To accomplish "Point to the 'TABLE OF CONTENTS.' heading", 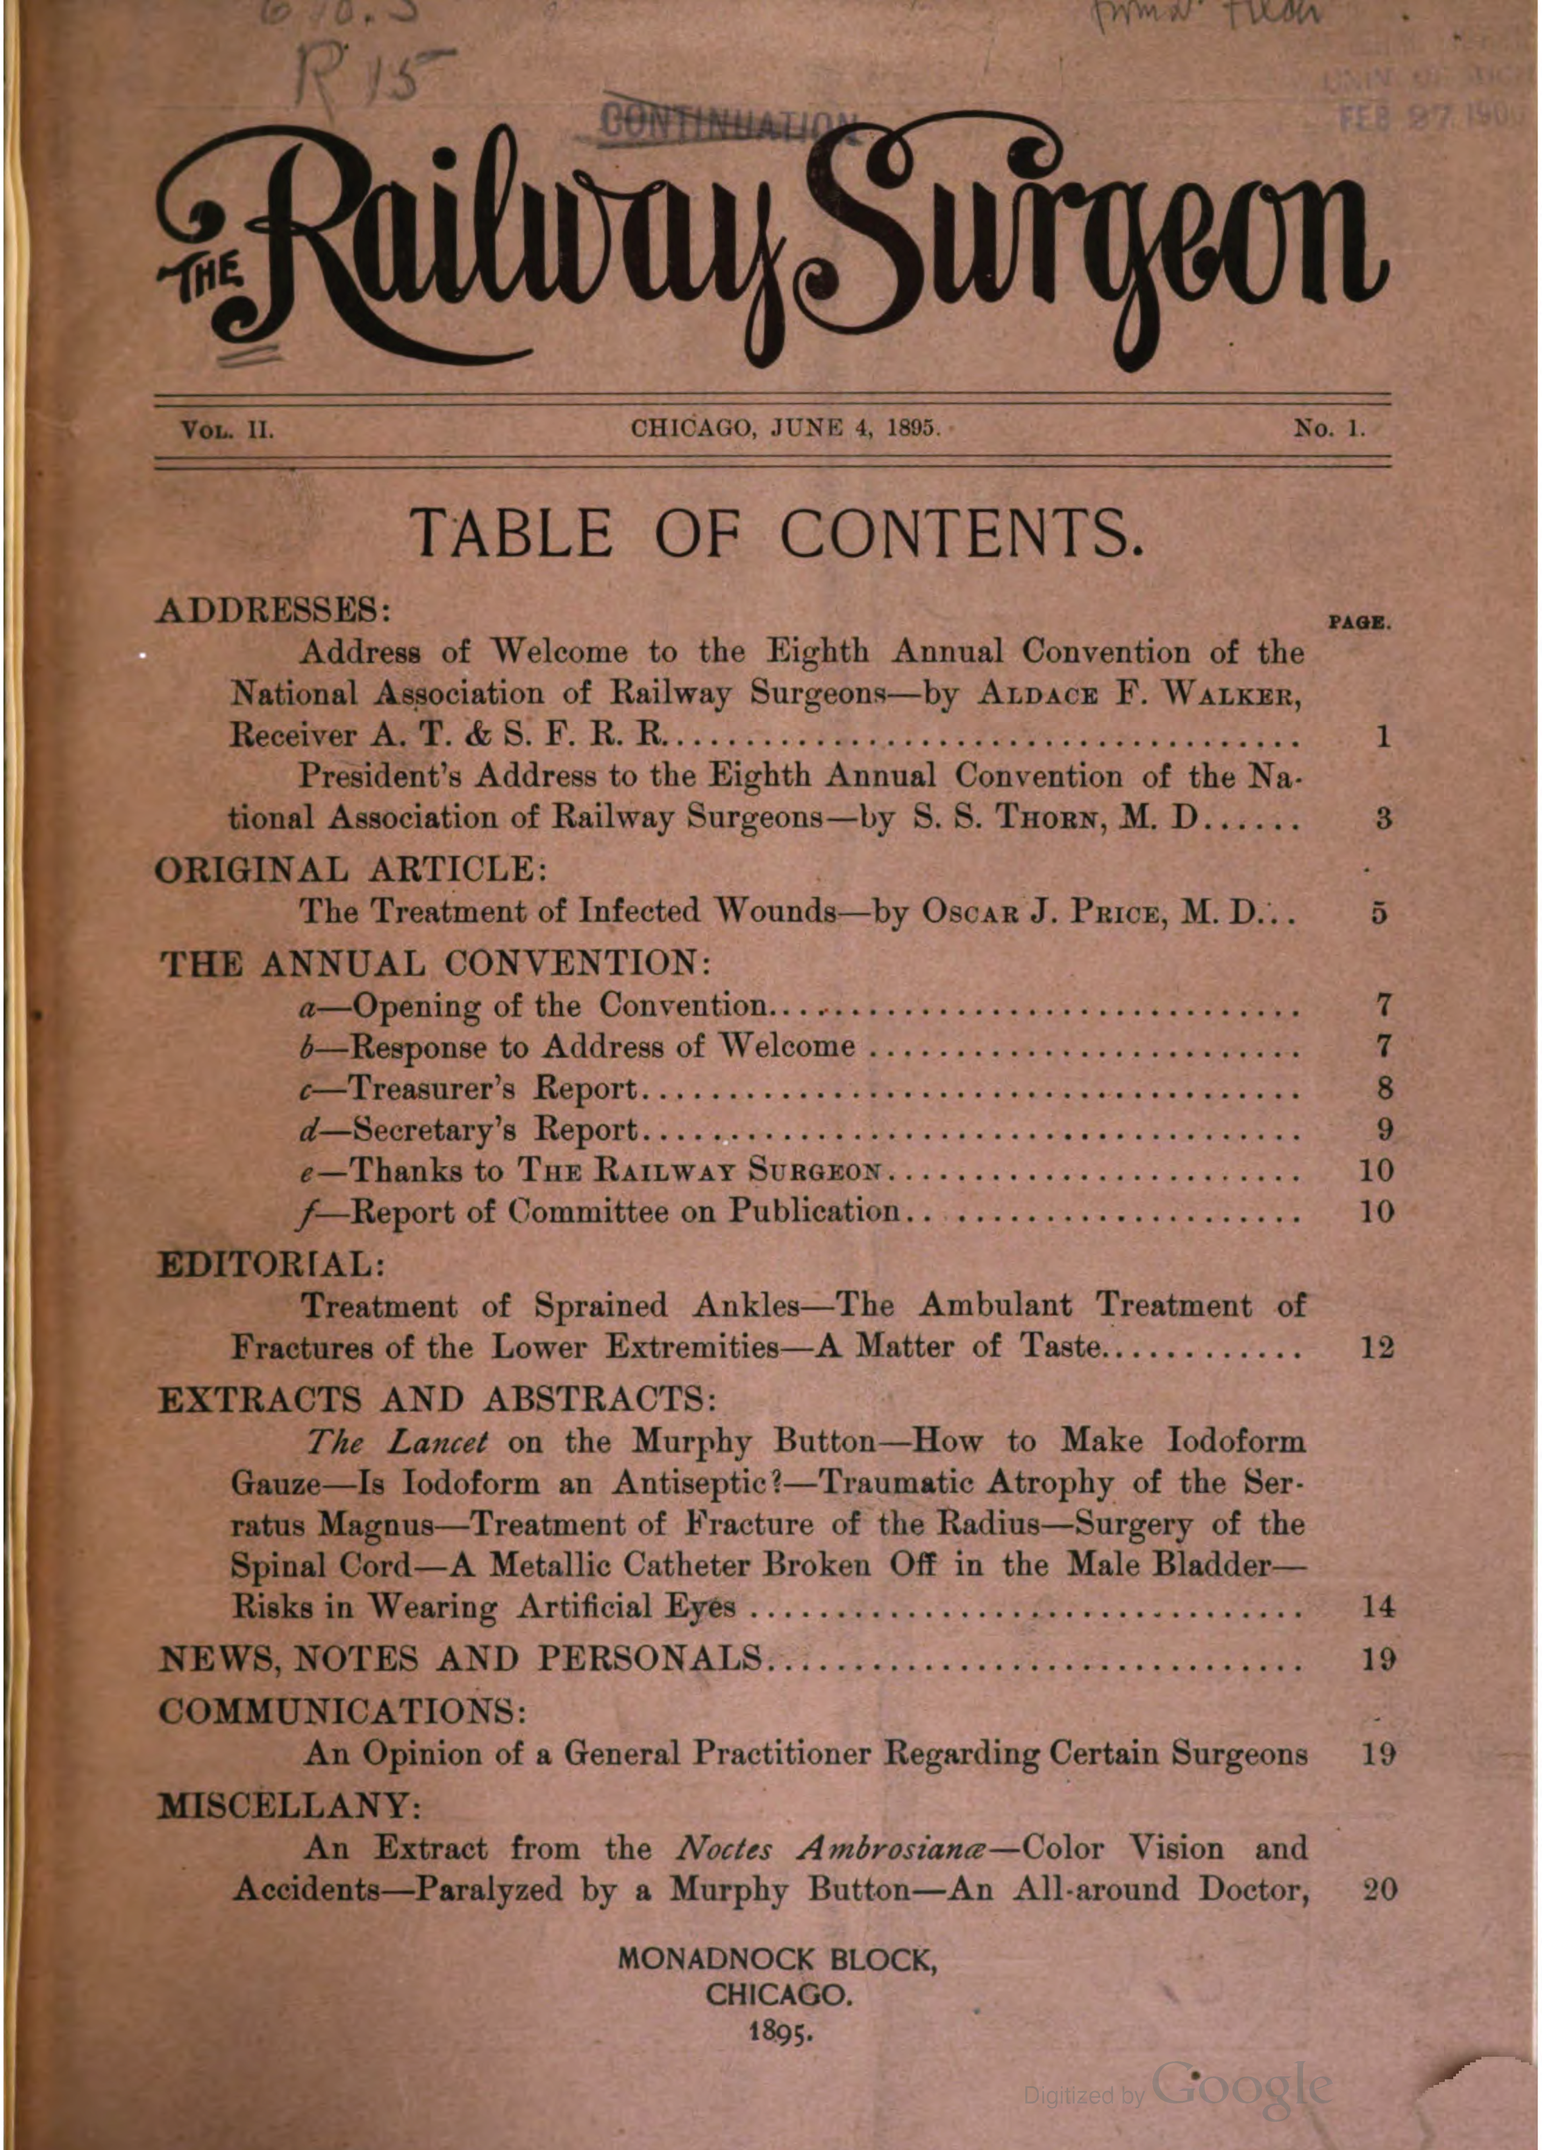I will tap(774, 535).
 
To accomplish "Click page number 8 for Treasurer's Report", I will tap(1383, 1088).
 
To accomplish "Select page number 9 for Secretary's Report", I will tap(1383, 1130).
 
